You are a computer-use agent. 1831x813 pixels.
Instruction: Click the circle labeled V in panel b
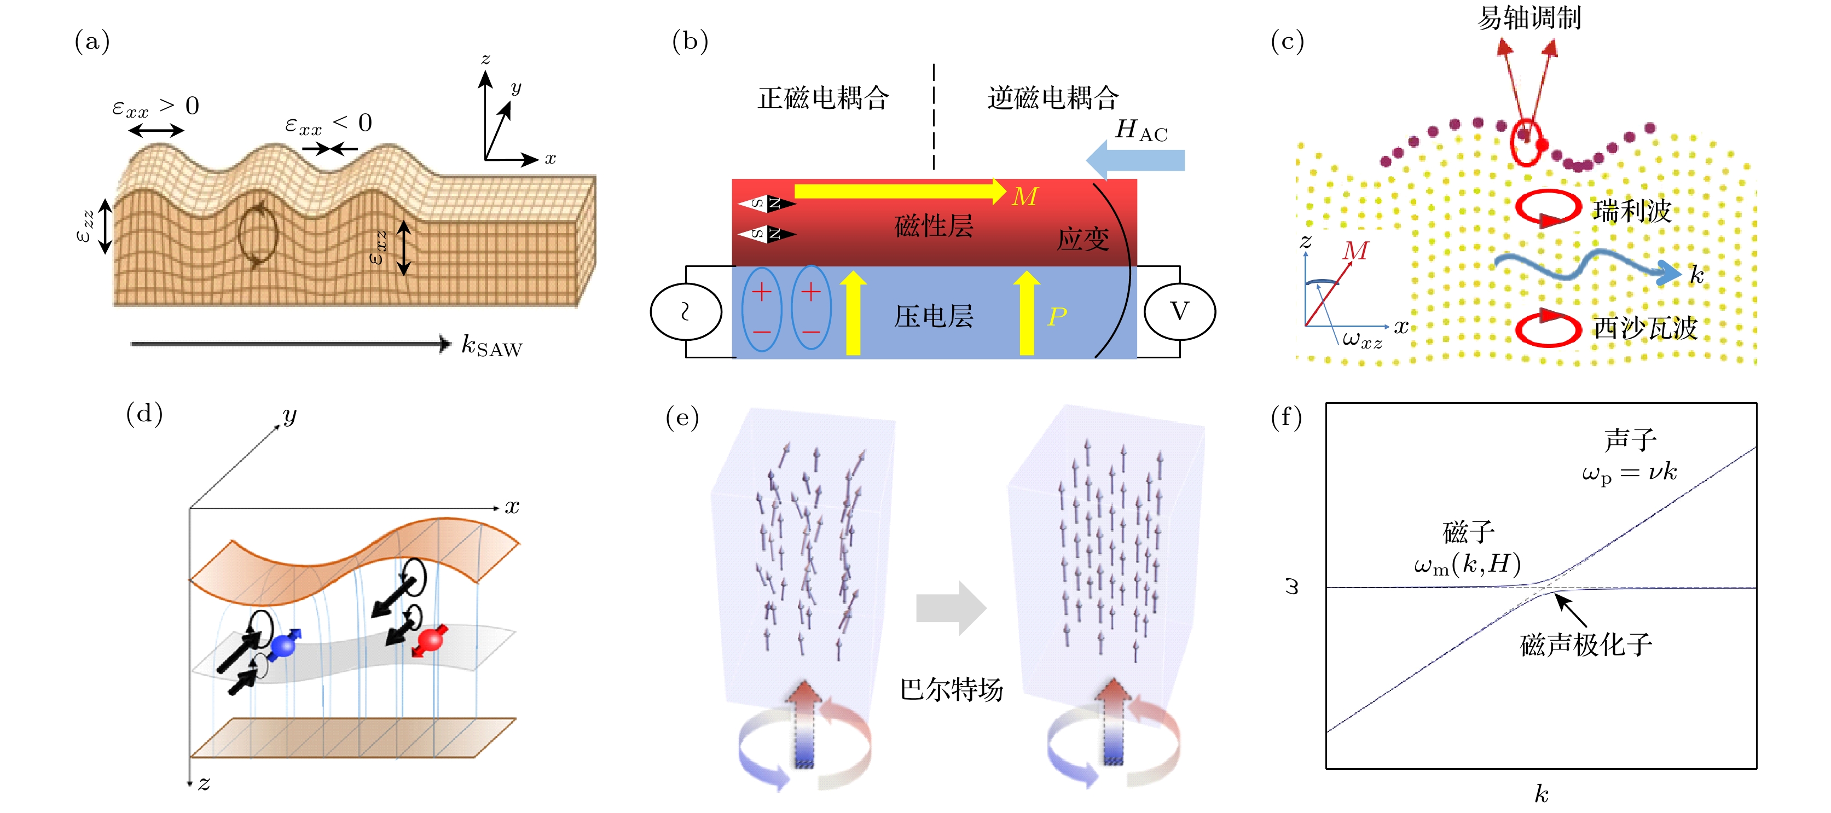1179,311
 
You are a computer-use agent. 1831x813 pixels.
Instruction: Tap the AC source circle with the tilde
686,311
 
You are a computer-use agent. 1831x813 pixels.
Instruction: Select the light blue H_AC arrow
1135,160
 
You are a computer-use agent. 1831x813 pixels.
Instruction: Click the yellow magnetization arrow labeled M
900,190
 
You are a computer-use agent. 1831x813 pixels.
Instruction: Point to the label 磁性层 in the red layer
933,226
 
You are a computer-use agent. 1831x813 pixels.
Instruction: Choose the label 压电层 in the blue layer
933,316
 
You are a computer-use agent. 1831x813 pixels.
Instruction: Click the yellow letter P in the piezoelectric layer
1057,316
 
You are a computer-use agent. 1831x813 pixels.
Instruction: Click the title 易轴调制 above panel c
1529,18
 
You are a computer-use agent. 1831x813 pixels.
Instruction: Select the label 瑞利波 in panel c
1632,211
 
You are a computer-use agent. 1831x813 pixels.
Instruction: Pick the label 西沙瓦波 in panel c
1645,328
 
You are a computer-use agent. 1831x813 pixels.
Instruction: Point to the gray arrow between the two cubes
951,608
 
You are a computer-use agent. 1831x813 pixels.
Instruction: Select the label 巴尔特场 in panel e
952,689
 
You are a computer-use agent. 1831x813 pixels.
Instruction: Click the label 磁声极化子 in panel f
1586,644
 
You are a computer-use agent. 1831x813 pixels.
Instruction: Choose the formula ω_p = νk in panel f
1630,473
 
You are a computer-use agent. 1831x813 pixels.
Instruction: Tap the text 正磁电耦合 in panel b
823,98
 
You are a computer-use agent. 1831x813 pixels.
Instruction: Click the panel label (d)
144,413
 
